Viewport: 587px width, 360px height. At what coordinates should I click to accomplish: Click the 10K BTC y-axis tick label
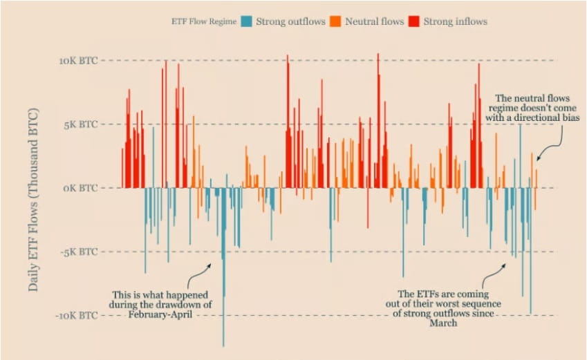pyautogui.click(x=77, y=61)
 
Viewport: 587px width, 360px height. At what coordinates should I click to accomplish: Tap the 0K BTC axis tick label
pyautogui.click(x=80, y=188)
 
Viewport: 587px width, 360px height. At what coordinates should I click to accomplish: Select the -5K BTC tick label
pyautogui.click(x=79, y=252)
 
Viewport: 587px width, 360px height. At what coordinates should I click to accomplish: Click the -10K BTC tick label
pyautogui.click(x=76, y=315)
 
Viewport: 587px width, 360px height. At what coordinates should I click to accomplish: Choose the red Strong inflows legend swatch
pyautogui.click(x=414, y=21)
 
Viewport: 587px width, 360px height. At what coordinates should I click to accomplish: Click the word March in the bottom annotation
pyautogui.click(x=443, y=323)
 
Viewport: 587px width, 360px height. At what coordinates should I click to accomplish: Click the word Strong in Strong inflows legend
pyautogui.click(x=438, y=21)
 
